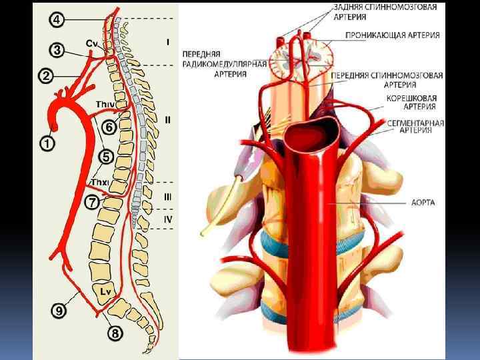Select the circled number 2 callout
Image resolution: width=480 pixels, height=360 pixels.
point(46,75)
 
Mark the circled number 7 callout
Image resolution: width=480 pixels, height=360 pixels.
point(93,201)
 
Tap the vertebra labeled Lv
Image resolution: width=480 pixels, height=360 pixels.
point(105,291)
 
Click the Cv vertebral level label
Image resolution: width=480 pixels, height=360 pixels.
point(93,43)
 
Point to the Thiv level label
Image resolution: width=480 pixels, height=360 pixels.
point(105,104)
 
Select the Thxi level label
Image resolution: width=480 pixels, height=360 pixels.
point(100,182)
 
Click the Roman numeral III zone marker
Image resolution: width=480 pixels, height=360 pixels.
point(167,197)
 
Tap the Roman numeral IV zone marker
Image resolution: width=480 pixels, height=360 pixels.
point(167,218)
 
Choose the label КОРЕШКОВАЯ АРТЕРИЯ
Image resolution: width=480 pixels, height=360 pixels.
point(411,101)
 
